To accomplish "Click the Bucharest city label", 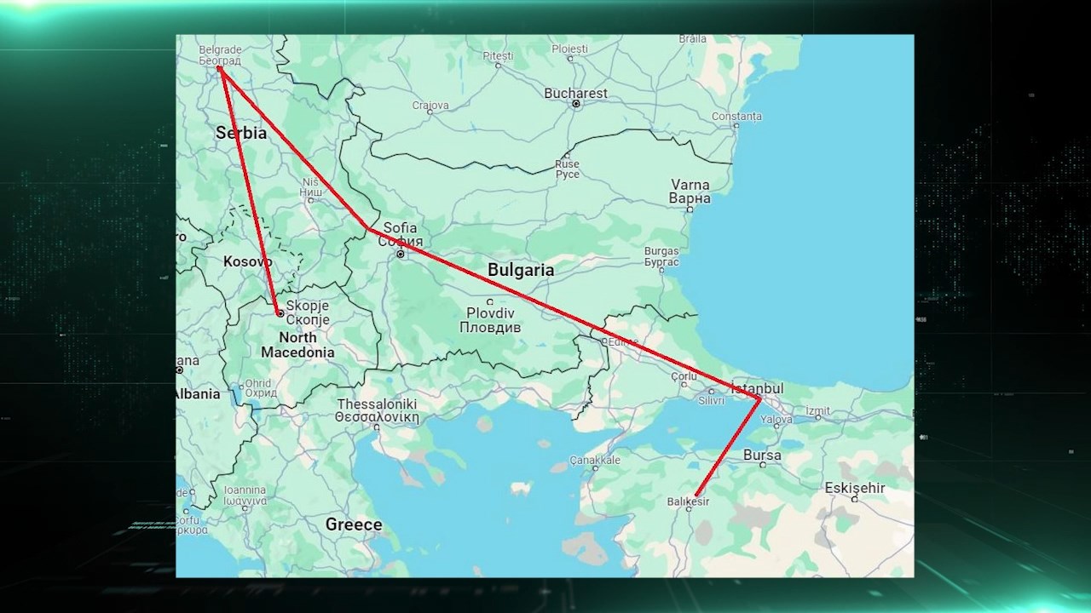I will coord(575,94).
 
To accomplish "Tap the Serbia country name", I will coord(241,133).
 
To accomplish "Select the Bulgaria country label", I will coord(520,270).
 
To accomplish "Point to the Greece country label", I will coord(354,524).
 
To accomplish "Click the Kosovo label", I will coord(247,261).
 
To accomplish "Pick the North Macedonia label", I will coord(297,345).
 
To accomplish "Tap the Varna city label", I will coord(690,191).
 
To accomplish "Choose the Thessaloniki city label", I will coord(377,410).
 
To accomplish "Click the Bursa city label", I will coord(762,455).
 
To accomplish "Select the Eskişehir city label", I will coord(855,488).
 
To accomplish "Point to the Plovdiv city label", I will coord(490,320).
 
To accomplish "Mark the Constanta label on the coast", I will coord(736,116).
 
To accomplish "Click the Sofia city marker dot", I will coord(400,254).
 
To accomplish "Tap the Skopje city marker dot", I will coord(280,313).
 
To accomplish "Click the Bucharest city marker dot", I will coord(576,104).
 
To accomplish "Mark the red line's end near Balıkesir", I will coord(696,495).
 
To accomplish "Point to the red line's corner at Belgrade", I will coord(219,68).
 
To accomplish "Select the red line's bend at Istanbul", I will coord(759,398).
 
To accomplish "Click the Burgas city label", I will coord(661,256).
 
